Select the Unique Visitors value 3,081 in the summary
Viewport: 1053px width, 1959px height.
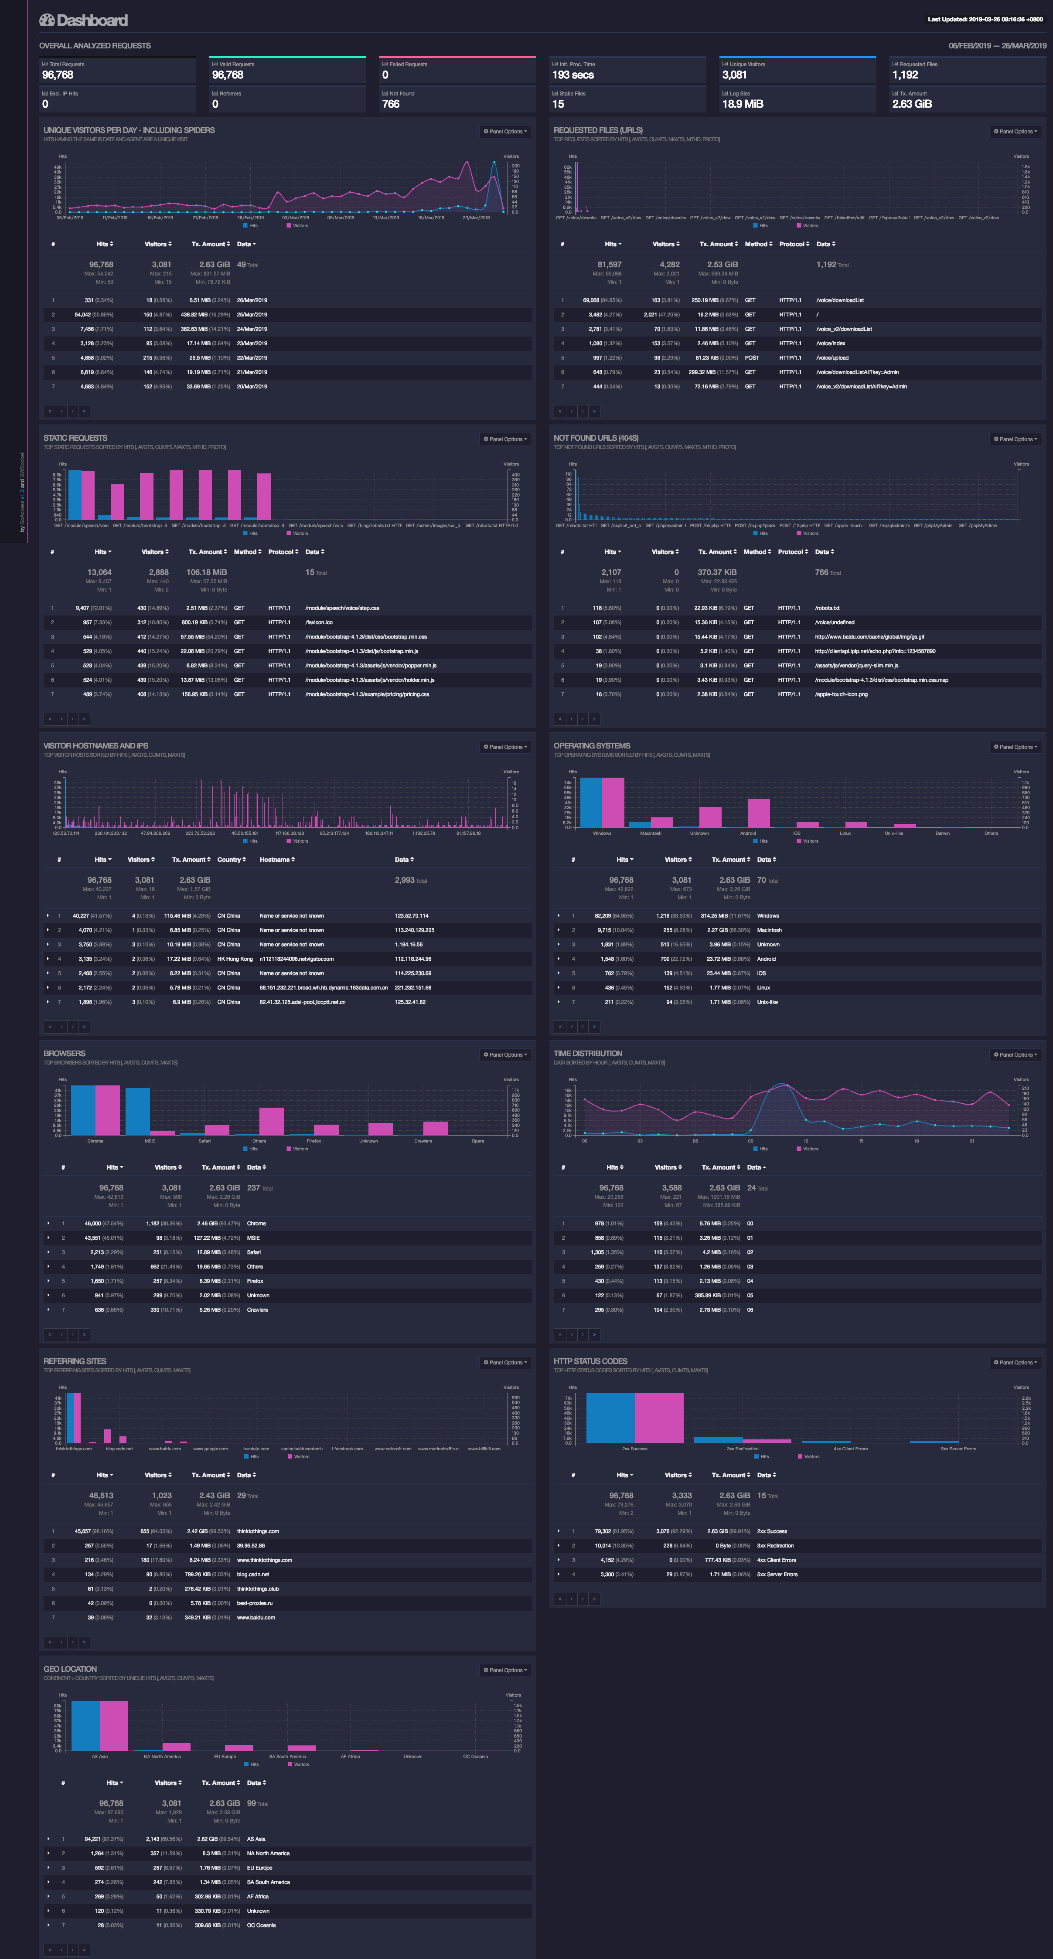(x=734, y=75)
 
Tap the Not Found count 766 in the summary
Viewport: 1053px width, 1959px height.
(x=390, y=104)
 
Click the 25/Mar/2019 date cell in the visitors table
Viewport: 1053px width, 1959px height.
(x=252, y=315)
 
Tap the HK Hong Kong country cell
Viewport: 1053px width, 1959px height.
(x=234, y=959)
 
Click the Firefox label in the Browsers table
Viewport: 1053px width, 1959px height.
(x=255, y=1282)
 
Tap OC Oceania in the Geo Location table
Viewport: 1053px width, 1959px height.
(x=261, y=1925)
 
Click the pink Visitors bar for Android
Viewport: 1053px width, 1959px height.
(x=759, y=813)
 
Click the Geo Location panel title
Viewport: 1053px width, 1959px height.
(x=70, y=1669)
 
